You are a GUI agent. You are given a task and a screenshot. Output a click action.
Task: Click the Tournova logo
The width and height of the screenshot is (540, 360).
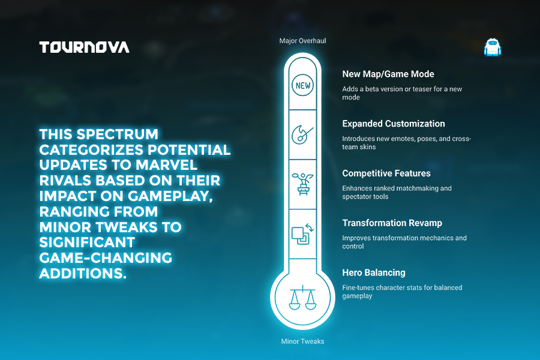point(84,47)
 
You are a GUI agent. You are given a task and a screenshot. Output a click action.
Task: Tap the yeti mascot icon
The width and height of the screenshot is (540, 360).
point(492,47)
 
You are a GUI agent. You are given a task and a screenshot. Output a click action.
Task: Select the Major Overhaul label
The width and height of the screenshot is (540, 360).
point(302,41)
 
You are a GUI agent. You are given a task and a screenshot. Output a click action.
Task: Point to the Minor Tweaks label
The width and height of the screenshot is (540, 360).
point(302,341)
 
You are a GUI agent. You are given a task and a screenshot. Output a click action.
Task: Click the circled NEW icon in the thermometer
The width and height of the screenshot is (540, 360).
point(303,85)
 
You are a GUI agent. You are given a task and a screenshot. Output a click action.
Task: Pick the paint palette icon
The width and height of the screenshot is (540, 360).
point(302,134)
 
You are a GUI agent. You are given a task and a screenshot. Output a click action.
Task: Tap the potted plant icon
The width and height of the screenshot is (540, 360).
point(303,184)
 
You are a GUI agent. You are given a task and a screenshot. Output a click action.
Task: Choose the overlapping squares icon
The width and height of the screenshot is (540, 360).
point(302,234)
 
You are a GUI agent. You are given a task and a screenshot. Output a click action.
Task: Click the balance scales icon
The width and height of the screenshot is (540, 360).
point(302,298)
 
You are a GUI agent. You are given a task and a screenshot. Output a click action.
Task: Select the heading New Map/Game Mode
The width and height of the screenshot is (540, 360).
point(388,74)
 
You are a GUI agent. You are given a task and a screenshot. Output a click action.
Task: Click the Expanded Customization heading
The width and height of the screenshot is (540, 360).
point(393,124)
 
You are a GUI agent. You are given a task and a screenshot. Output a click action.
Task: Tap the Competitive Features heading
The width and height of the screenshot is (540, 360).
point(386,173)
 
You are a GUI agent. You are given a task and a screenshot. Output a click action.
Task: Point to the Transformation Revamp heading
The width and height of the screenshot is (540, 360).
point(392,223)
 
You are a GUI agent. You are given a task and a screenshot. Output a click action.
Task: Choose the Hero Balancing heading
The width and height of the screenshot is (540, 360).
point(374,272)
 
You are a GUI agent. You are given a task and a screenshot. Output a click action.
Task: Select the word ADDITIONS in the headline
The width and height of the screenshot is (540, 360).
point(83,273)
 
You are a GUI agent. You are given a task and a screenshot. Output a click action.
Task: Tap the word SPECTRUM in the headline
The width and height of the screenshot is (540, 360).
point(118,134)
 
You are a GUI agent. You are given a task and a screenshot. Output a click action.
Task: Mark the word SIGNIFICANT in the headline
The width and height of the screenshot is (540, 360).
point(87,242)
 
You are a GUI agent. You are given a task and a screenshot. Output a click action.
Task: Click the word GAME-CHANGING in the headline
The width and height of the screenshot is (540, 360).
point(106,257)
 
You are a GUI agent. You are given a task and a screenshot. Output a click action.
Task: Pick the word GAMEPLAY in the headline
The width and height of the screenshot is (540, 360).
point(170,196)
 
